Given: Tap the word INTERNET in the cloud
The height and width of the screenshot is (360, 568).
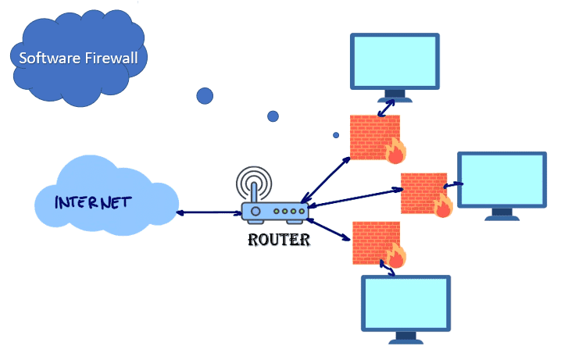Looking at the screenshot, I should click(x=92, y=202).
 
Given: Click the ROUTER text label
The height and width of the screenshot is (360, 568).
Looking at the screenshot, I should click(x=279, y=240).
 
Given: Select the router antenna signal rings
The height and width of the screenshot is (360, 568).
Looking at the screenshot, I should click(x=254, y=187).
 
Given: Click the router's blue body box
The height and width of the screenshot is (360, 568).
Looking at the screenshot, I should click(x=273, y=212).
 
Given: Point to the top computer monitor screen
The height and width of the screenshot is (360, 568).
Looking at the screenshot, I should click(x=394, y=61).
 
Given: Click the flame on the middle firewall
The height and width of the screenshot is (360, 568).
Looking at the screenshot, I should click(x=443, y=205).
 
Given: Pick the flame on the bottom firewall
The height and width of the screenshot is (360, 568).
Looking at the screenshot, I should click(x=395, y=257).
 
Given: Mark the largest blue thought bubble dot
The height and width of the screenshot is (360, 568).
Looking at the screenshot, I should click(x=205, y=95).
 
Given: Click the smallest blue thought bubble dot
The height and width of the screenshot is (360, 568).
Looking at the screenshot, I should click(x=336, y=135).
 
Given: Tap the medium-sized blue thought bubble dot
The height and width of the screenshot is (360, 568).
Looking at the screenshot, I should click(x=273, y=116).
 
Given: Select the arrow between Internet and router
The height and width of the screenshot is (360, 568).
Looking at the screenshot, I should click(x=209, y=212).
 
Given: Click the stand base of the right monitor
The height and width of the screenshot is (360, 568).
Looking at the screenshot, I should click(x=501, y=216).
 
